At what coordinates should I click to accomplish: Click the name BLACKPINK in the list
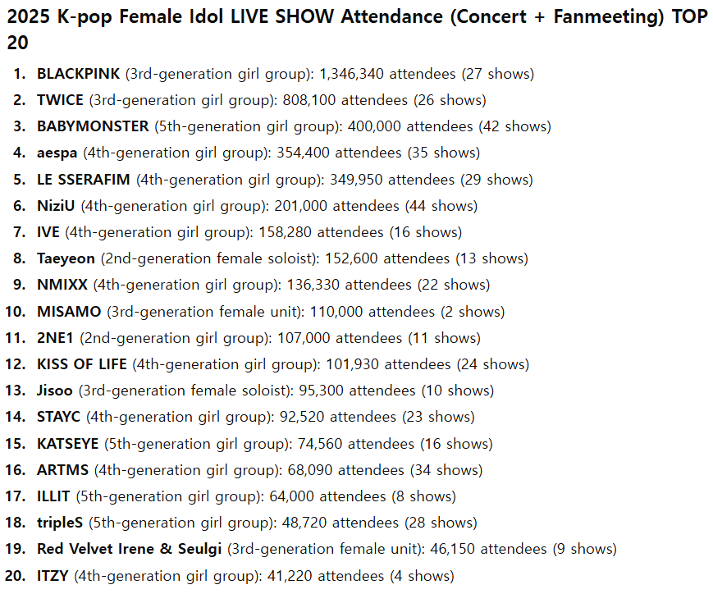coord(79,74)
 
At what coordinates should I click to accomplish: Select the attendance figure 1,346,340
coord(351,74)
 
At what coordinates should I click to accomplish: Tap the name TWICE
coord(60,100)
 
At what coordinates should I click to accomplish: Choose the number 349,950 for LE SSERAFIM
coord(358,180)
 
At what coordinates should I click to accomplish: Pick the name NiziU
coord(57,206)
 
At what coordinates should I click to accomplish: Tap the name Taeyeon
coord(66,258)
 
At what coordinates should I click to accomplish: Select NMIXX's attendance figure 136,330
coord(314,285)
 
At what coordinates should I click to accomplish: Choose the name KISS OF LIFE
coord(82,364)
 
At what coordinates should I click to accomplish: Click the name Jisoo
coord(55,391)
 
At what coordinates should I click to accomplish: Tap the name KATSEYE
coord(67,444)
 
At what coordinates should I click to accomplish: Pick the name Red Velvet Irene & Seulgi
coord(130,549)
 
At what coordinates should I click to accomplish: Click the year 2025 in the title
coord(30,18)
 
